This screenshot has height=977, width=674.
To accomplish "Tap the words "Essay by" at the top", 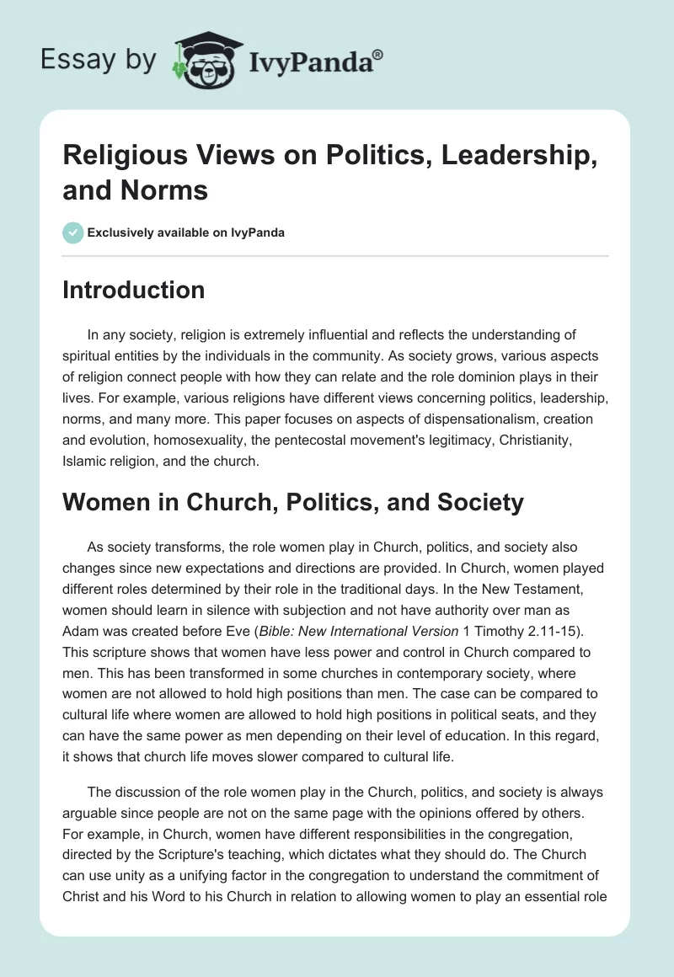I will (100, 60).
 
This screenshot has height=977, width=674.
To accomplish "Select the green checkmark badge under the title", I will (73, 232).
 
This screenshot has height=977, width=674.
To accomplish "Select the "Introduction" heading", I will (134, 290).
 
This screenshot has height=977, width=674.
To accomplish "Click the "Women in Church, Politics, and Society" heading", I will (293, 503).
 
